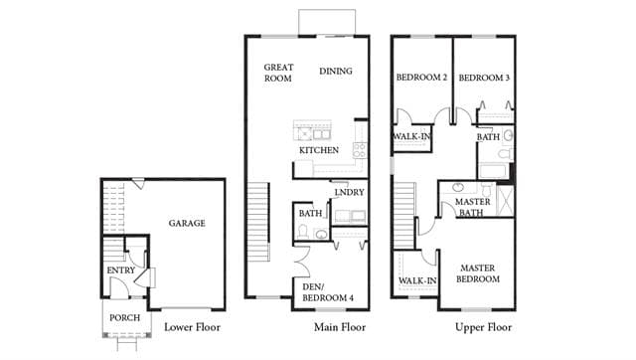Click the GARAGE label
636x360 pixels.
(x=187, y=223)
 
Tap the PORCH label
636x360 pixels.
(x=124, y=318)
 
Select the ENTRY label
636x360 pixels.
(x=121, y=270)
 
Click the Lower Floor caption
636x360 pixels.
(x=192, y=327)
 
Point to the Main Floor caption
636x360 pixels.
(x=340, y=327)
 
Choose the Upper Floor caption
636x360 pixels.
(x=483, y=327)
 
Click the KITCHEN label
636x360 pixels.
(x=319, y=150)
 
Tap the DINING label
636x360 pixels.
(x=336, y=71)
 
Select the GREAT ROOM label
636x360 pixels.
(x=278, y=73)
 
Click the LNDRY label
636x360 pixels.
(x=349, y=192)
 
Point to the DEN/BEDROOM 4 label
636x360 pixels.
(x=328, y=292)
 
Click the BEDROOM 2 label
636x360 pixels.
(x=421, y=78)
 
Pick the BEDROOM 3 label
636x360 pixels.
(x=484, y=78)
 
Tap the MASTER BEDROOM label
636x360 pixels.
(x=478, y=273)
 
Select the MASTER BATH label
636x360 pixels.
(x=472, y=207)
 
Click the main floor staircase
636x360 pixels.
(x=258, y=222)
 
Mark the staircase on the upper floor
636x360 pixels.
(x=404, y=216)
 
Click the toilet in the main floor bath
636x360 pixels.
(x=302, y=232)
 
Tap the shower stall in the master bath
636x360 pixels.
(x=505, y=201)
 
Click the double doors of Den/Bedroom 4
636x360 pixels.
(x=300, y=261)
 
